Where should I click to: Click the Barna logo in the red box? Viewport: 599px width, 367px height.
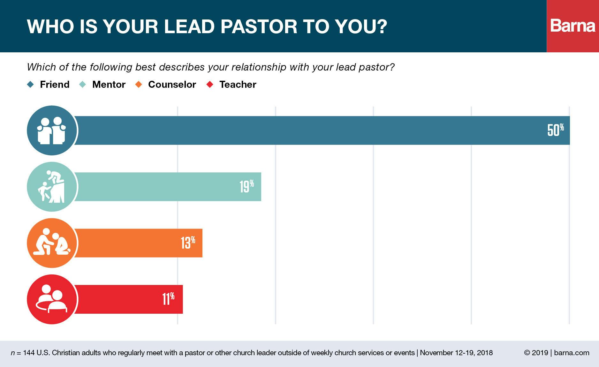point(572,26)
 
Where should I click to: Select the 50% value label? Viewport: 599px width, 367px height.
point(555,130)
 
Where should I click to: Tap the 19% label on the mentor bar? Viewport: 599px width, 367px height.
point(246,186)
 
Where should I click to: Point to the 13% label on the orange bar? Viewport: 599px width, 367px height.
point(188,243)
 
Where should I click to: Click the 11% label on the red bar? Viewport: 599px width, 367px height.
point(168,299)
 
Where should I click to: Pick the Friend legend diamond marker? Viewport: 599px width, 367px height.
point(31,85)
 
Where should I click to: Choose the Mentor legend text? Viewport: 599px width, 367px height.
point(109,85)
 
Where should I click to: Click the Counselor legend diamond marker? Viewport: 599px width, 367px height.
point(139,85)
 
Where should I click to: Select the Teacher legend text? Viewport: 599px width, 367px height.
point(238,85)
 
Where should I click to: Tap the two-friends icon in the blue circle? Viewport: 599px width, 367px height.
point(52,130)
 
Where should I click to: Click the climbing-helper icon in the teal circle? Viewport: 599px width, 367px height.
point(52,187)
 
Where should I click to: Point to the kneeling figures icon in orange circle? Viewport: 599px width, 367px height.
point(52,243)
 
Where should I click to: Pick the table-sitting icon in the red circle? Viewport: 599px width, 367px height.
point(52,299)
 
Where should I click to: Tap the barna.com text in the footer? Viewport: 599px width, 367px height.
point(572,353)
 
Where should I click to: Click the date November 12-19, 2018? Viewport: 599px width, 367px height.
point(456,353)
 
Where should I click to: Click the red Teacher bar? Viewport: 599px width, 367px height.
point(128,299)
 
